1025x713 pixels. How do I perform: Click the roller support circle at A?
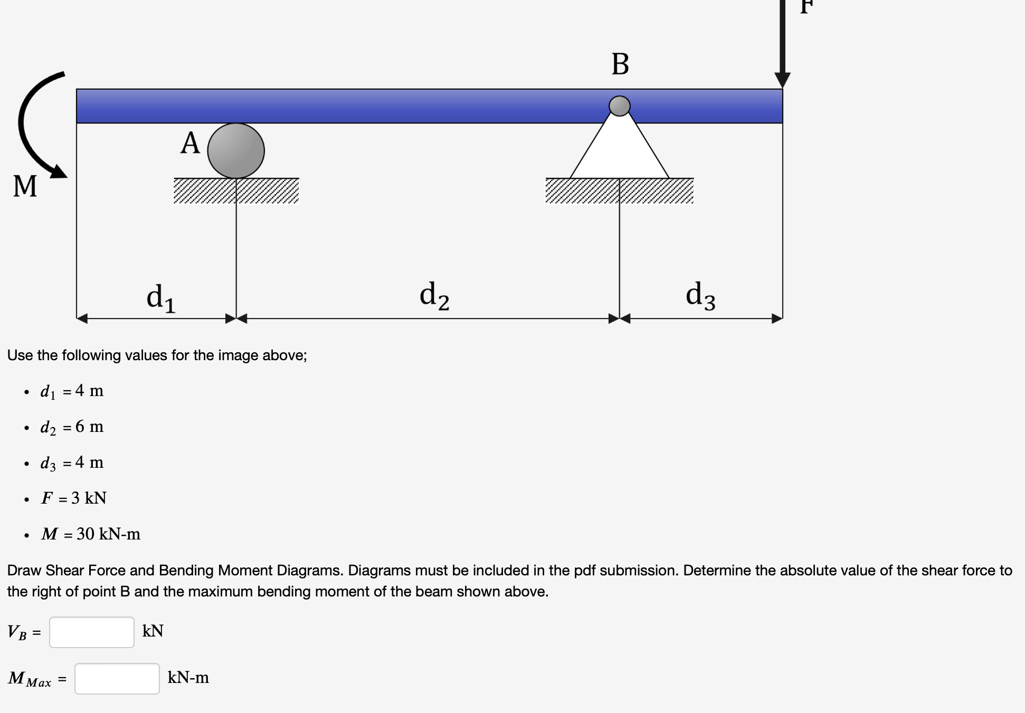coord(236,151)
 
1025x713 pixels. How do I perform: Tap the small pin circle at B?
coord(620,106)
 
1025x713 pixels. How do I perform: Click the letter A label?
coord(190,143)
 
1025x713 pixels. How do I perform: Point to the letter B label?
coord(620,64)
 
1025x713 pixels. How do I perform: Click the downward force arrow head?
coord(782,79)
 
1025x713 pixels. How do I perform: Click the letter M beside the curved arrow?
coord(25,186)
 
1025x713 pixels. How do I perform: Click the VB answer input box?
coord(92,632)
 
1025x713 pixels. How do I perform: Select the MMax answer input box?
coord(117,678)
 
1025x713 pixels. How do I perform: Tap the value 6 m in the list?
coord(89,427)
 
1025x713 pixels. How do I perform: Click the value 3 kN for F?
coord(89,498)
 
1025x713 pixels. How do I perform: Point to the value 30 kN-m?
coord(108,534)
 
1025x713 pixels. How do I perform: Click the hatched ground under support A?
coord(236,191)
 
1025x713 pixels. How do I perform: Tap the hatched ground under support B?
coord(620,191)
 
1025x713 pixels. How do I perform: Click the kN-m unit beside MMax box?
coord(188,678)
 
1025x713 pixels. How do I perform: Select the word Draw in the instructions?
coord(24,571)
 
